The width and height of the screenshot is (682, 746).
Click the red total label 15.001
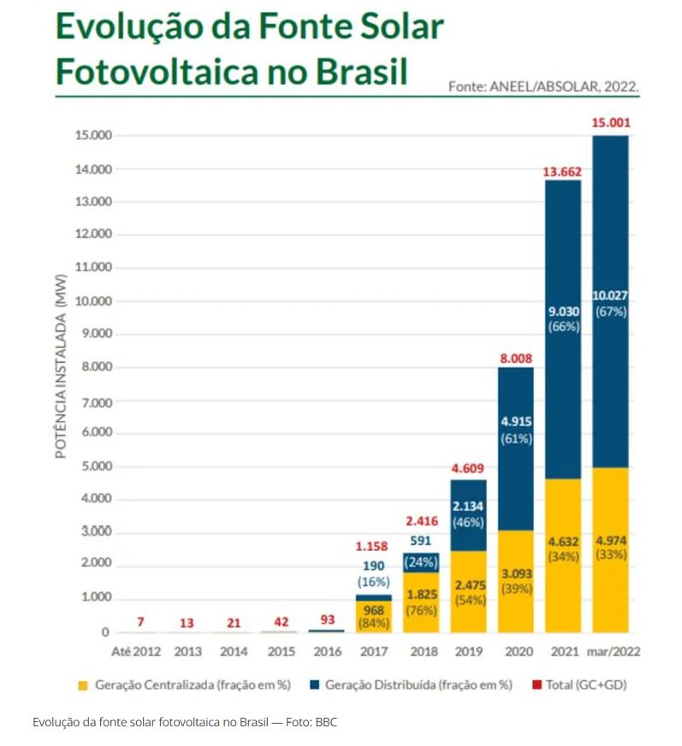610,123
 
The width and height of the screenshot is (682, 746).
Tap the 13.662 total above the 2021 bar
562,173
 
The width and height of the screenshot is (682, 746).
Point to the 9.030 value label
564,311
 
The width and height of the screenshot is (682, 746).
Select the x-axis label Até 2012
136,652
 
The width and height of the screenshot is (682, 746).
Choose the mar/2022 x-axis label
614,652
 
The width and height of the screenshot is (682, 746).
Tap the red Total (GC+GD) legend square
537,684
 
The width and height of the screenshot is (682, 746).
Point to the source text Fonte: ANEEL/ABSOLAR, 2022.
543,86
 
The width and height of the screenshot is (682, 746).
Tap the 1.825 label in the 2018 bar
421,595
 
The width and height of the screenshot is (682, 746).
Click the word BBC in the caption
326,723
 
